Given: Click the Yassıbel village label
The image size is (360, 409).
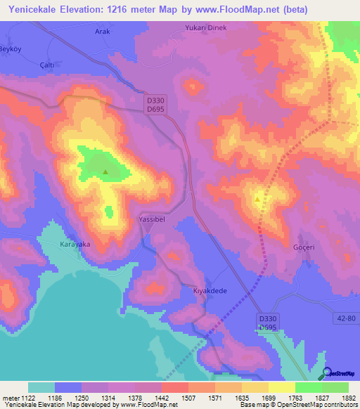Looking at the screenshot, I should click(x=151, y=219).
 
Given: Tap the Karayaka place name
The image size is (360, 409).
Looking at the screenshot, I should click(x=75, y=244).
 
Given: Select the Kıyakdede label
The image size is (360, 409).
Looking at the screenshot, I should click(x=210, y=290).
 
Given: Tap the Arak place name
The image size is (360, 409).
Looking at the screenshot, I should click(x=102, y=32).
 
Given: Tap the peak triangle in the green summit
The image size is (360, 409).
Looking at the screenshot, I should click(x=105, y=171).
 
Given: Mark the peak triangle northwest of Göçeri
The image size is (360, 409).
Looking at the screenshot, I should click(x=257, y=199).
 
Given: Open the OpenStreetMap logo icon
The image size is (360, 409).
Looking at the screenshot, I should click(x=326, y=373).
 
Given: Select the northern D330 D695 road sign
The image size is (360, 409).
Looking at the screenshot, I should click(x=156, y=107).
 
